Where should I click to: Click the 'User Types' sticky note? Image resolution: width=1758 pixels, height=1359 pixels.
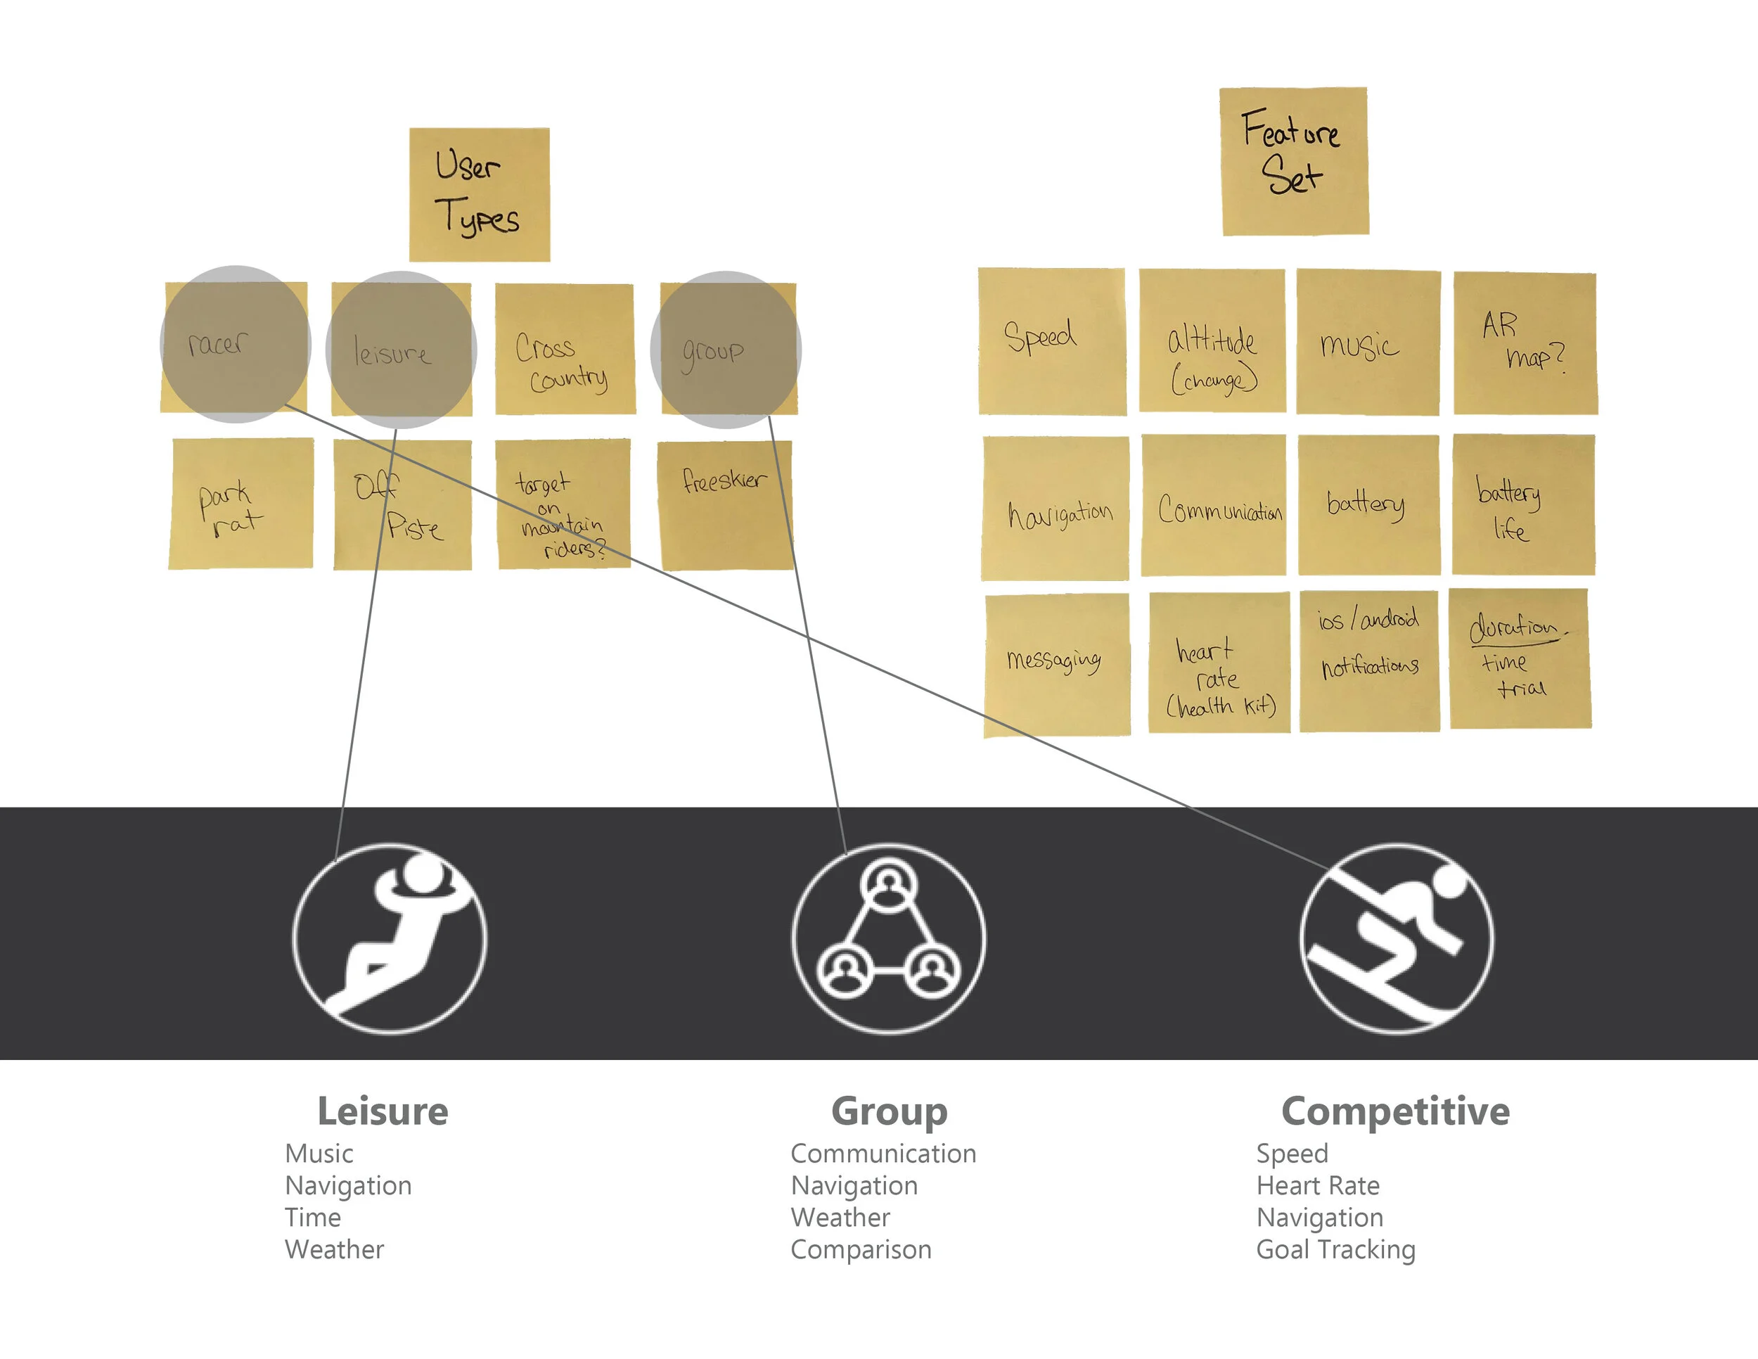coord(480,195)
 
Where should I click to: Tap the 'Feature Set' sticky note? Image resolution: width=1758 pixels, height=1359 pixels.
coord(1295,161)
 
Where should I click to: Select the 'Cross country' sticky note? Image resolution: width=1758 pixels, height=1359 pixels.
coord(565,349)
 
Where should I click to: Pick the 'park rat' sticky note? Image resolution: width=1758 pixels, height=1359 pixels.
coord(241,503)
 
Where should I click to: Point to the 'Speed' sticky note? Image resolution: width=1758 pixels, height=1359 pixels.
coord(1052,341)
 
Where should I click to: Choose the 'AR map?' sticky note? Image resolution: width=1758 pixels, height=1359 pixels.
coord(1525,343)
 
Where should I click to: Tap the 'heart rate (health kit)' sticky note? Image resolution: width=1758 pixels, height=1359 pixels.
coord(1219,663)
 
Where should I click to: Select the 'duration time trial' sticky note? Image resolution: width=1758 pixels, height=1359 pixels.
coord(1520,658)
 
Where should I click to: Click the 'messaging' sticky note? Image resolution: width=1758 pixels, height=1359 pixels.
coord(1057,665)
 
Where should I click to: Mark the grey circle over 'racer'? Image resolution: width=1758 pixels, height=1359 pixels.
coord(236,344)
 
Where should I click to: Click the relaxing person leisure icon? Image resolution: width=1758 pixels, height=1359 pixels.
coord(390,938)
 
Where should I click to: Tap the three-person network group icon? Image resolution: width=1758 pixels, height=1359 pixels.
coord(889,938)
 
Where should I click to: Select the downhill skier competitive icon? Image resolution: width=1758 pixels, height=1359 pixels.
coord(1397,938)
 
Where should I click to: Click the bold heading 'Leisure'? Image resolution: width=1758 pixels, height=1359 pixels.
coord(383,1111)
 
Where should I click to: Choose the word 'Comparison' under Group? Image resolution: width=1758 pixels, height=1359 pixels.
coord(861,1249)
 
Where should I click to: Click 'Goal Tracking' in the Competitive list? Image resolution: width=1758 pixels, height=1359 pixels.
coord(1336,1249)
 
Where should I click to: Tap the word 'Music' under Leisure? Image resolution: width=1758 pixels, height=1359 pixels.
coord(319,1154)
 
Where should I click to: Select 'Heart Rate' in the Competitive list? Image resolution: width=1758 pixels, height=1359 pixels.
coord(1318,1186)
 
